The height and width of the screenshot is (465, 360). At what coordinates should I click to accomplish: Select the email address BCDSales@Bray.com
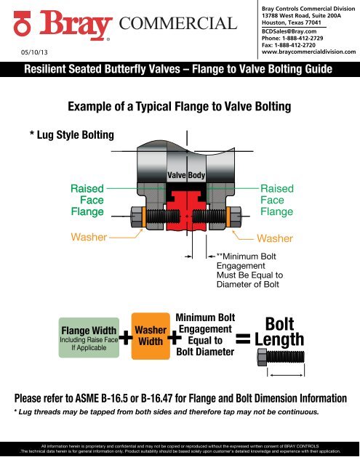[289, 32]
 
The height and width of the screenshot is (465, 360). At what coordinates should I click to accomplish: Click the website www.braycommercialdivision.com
[308, 53]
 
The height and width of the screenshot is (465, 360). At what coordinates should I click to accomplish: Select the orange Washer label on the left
[87, 237]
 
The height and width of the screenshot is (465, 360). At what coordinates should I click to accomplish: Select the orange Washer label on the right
[276, 238]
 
